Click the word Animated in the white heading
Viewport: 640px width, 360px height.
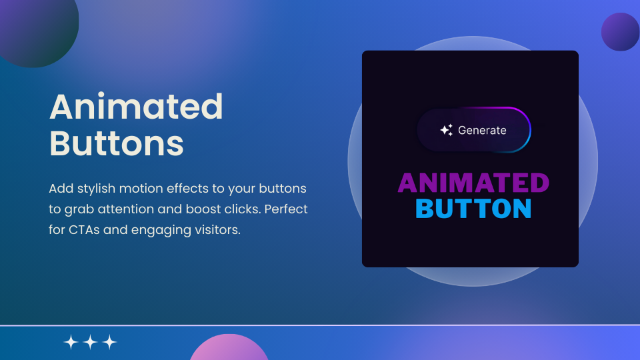click(x=136, y=107)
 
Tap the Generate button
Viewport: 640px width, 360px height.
click(x=473, y=131)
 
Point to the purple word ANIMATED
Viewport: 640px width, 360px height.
click(x=473, y=183)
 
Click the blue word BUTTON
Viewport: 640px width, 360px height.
click(x=473, y=209)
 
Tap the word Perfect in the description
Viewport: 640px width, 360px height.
click(x=286, y=209)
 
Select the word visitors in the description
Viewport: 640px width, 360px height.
click(x=214, y=231)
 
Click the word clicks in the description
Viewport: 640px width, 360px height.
click(x=243, y=209)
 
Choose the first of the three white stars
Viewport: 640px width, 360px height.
click(x=71, y=343)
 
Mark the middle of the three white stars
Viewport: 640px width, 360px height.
click(x=91, y=343)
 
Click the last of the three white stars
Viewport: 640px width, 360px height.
click(x=110, y=343)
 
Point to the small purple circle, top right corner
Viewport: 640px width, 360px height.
click(x=620, y=31)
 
